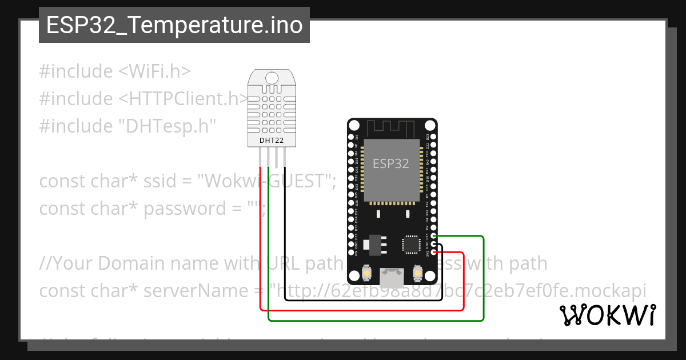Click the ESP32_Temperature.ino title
pos(174,25)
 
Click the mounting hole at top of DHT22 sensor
pos(272,77)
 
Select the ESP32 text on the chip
pos(391,163)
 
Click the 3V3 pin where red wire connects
pos(434,252)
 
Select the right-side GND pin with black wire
pos(434,244)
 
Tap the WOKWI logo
pos(607,315)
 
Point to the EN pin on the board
pos(350,138)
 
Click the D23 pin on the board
pos(434,138)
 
